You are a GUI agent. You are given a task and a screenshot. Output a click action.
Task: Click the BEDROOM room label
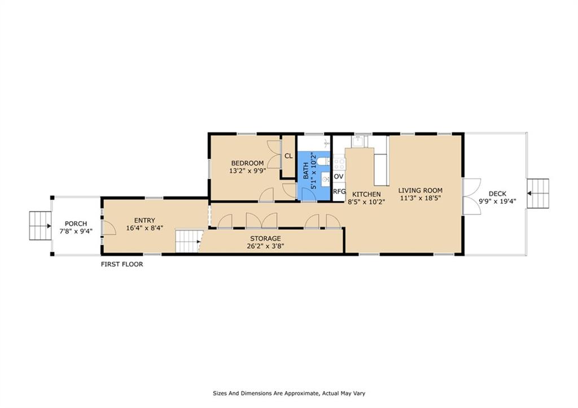pyautogui.click(x=247, y=163)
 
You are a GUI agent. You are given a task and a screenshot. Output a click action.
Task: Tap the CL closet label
pyautogui.click(x=288, y=156)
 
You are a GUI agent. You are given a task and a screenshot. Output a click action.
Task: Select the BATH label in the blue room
pyautogui.click(x=306, y=171)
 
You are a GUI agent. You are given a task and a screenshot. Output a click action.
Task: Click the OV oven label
pyautogui.click(x=339, y=177)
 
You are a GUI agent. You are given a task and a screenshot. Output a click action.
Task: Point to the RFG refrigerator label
pyautogui.click(x=339, y=192)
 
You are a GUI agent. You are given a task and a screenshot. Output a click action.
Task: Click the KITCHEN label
pyautogui.click(x=366, y=194)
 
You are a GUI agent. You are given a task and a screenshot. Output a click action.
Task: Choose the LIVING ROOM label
pyautogui.click(x=420, y=191)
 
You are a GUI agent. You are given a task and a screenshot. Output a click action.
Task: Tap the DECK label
pyautogui.click(x=497, y=194)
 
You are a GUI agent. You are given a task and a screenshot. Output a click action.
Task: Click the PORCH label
pyautogui.click(x=76, y=223)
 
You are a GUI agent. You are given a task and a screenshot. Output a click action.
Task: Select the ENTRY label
pyautogui.click(x=144, y=221)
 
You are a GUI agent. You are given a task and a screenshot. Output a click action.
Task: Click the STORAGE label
pyautogui.click(x=265, y=239)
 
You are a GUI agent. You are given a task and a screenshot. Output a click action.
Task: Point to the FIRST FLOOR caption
pyautogui.click(x=122, y=264)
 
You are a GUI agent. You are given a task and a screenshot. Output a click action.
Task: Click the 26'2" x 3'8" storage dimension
pyautogui.click(x=265, y=246)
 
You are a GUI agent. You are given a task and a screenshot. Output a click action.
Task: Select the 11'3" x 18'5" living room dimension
pyautogui.click(x=420, y=198)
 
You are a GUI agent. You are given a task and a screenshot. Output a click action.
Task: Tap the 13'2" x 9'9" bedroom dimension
pyautogui.click(x=247, y=170)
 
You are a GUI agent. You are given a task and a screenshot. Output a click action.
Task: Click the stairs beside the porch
pyautogui.click(x=41, y=226)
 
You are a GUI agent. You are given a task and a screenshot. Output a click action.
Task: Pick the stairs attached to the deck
pyautogui.click(x=538, y=194)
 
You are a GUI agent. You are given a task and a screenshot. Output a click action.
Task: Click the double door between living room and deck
pyautogui.click(x=471, y=196)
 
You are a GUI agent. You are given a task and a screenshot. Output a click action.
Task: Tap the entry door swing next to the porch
pyautogui.click(x=109, y=227)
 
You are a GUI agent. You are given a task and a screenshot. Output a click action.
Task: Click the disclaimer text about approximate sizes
pyautogui.click(x=289, y=393)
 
